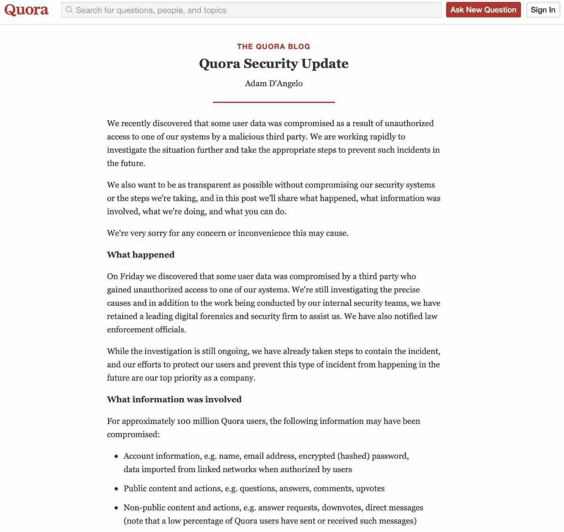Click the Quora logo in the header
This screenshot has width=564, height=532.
click(26, 10)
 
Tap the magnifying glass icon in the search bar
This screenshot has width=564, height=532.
click(70, 10)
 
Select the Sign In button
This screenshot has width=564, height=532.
click(543, 10)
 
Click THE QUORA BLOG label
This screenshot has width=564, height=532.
click(274, 46)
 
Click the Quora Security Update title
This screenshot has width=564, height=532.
click(274, 63)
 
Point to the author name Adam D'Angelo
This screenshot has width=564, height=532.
click(274, 83)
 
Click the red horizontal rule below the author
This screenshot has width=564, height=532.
click(274, 102)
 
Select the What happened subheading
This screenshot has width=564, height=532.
click(141, 255)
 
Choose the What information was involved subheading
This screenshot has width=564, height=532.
click(174, 399)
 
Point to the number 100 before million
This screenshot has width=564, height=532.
click(183, 421)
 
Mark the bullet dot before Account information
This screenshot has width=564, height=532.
click(116, 456)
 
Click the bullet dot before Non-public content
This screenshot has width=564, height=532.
click(116, 508)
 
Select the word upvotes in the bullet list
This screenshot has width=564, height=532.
click(370, 488)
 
